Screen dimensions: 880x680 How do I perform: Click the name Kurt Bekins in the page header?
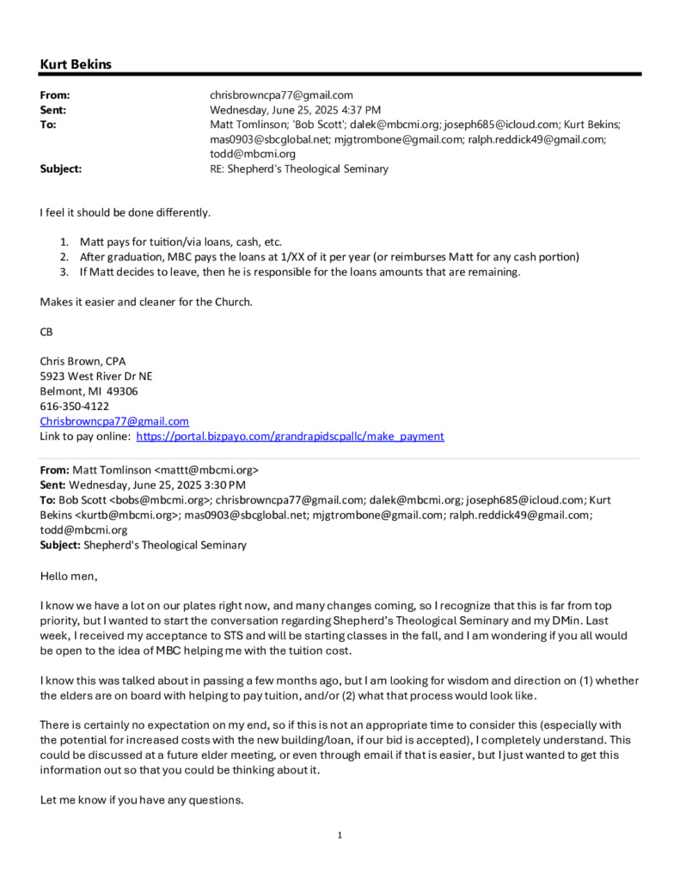point(76,64)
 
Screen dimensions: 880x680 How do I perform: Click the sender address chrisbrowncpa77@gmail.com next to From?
point(281,95)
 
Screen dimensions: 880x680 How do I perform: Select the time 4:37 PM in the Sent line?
point(361,109)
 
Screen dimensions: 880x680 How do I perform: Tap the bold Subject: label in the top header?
point(61,168)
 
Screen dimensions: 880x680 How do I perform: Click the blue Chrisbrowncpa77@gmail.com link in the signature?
point(114,421)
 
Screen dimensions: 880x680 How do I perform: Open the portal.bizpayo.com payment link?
point(291,436)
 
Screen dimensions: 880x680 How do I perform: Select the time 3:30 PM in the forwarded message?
point(224,485)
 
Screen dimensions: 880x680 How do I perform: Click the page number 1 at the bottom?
point(340,834)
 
